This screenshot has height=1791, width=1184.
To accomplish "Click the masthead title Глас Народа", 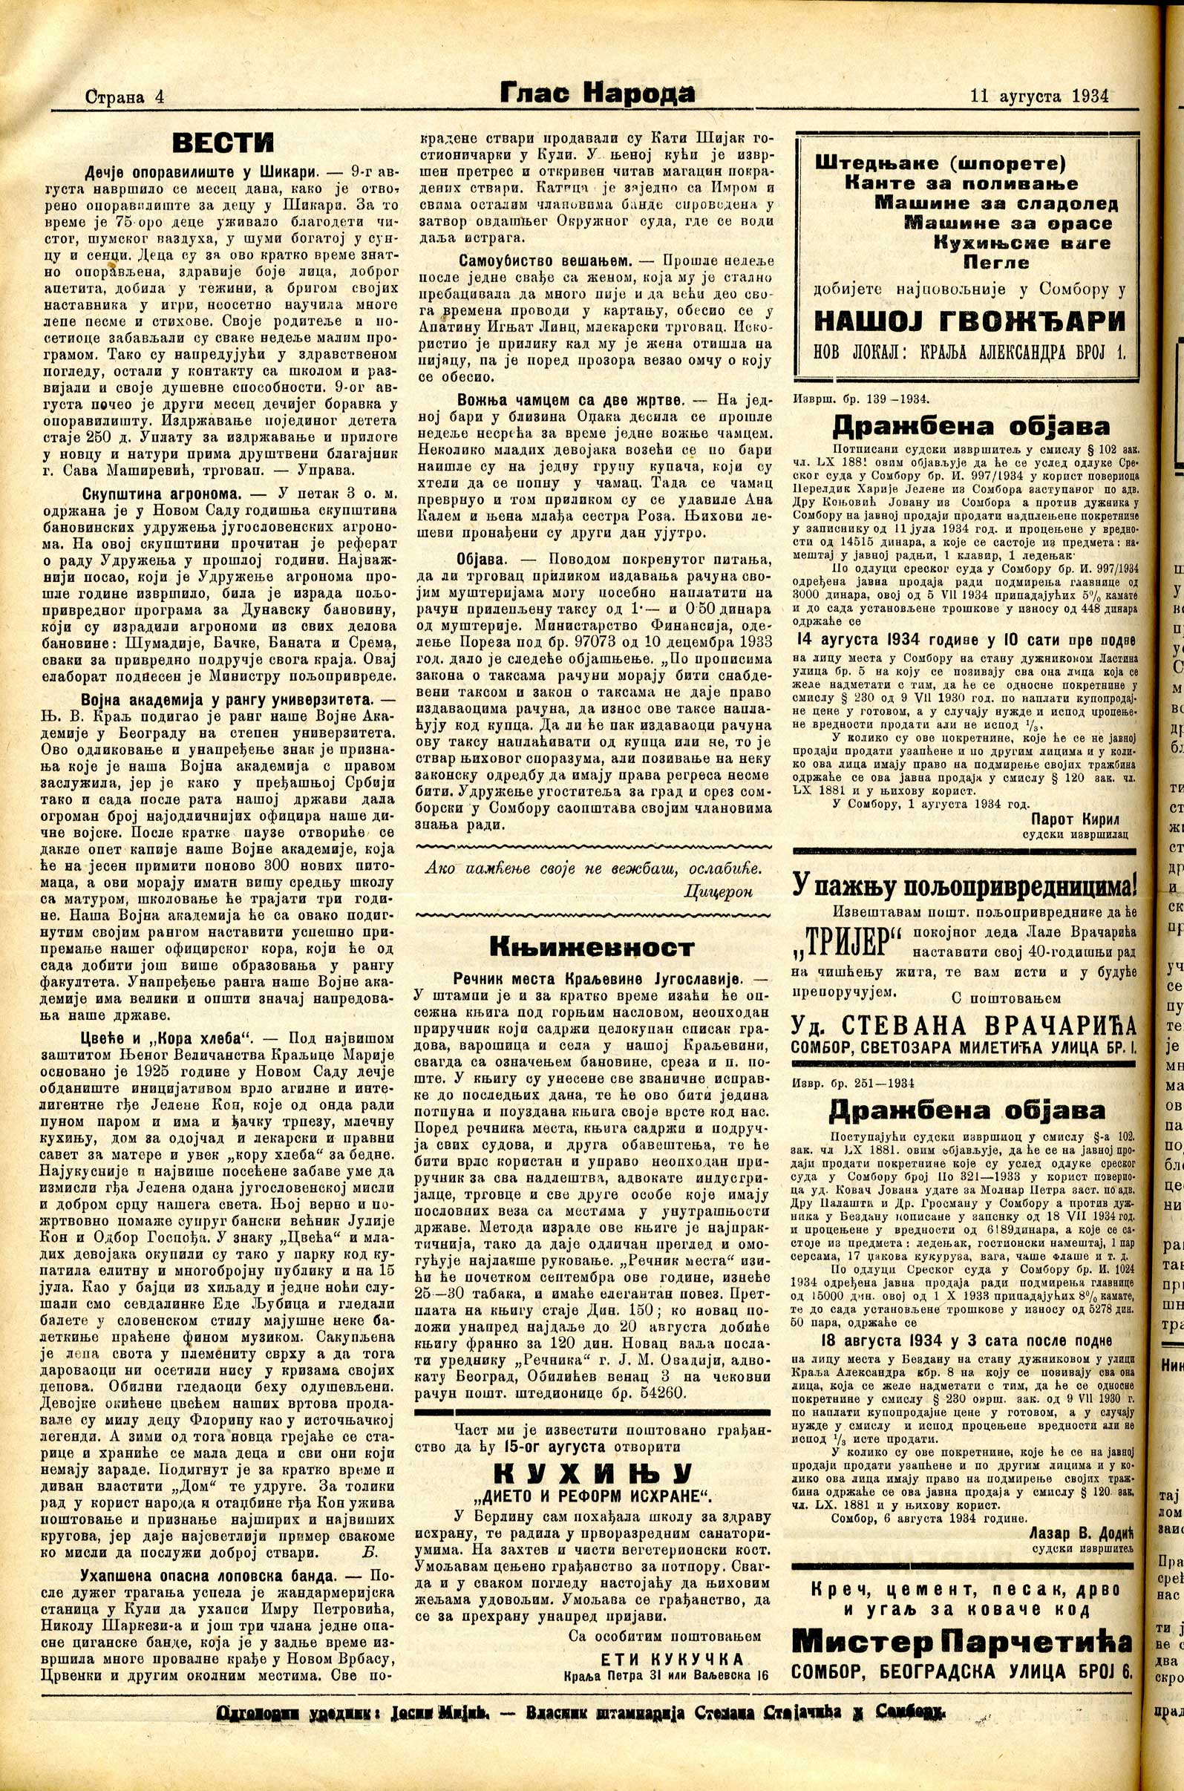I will point(597,94).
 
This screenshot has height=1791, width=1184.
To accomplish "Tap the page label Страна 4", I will point(125,96).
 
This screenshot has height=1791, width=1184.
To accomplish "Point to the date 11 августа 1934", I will point(1039,96).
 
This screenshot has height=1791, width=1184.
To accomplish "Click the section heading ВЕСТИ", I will point(223,143).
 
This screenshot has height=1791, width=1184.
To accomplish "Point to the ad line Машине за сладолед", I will point(996,203).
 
